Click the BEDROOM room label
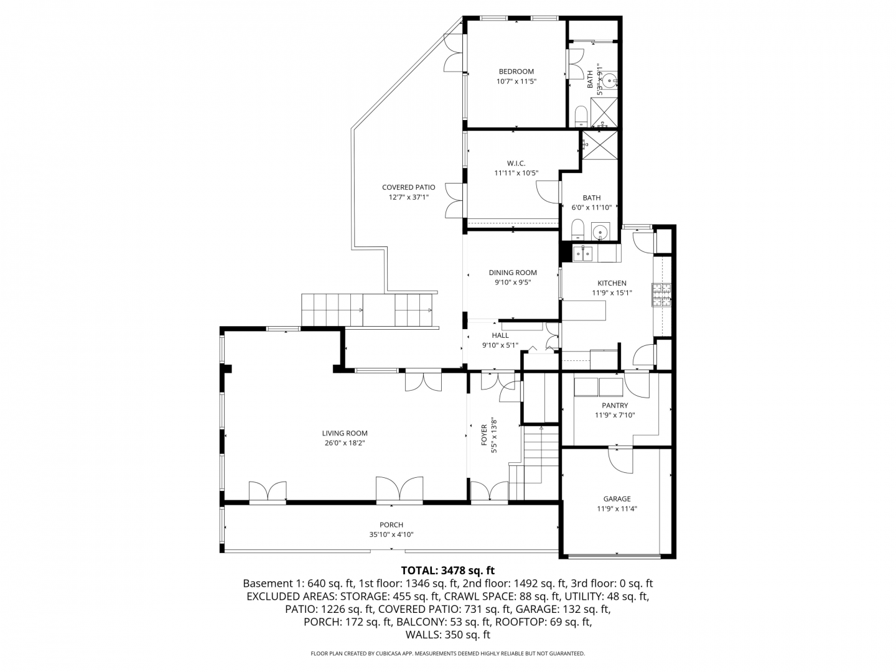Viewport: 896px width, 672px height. tap(512, 72)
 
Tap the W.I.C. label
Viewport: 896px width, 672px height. tap(512, 163)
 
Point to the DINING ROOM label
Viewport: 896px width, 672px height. tap(509, 272)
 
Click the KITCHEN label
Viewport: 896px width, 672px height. tap(608, 282)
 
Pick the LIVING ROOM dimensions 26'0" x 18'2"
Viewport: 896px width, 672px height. tap(342, 442)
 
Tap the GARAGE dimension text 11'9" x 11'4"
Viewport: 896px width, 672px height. tap(612, 508)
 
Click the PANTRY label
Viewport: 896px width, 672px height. tap(610, 404)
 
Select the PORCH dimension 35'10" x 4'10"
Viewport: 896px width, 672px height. tap(389, 534)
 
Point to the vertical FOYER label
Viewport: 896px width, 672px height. tap(480, 434)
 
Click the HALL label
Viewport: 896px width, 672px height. tap(497, 335)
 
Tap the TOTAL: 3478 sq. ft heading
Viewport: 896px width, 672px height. tap(444, 570)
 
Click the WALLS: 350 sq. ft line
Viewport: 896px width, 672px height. tap(444, 635)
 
